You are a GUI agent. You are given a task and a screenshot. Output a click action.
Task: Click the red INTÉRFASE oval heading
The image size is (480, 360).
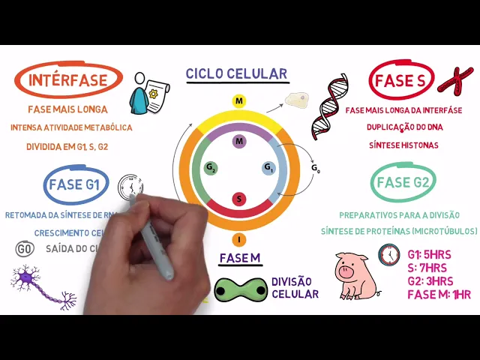68,81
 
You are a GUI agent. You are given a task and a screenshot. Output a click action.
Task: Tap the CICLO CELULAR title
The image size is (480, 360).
237,73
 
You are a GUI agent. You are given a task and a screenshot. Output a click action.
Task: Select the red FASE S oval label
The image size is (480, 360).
402,81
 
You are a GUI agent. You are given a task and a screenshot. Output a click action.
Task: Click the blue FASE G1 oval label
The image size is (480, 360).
77,184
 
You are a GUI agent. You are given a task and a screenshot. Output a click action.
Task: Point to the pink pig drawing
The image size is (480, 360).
352,274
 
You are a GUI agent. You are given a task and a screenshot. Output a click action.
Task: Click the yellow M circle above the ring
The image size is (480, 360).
238,101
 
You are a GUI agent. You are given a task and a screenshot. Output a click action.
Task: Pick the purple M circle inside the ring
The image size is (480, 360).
239,141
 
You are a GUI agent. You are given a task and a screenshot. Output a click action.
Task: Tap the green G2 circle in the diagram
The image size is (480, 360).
211,168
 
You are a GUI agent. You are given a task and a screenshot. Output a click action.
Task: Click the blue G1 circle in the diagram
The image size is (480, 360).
268,168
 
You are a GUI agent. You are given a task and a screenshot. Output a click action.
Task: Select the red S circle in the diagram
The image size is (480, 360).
239,199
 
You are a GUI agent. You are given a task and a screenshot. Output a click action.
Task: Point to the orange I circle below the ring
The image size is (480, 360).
239,239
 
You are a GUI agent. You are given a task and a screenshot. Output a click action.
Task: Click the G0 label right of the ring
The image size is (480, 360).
316,169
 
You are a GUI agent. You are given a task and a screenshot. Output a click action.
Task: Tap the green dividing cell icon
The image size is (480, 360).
240,289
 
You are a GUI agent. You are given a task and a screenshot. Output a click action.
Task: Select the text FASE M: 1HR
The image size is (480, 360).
439,294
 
